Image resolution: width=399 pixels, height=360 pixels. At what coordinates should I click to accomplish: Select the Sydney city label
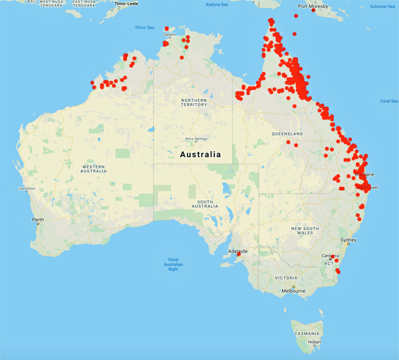coord(348,240)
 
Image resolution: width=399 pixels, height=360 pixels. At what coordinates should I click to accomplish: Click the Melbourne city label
coord(293,291)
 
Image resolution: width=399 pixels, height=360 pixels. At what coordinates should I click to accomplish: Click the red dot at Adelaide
coord(239,254)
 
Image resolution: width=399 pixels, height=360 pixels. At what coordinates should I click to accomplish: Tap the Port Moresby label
coord(313,7)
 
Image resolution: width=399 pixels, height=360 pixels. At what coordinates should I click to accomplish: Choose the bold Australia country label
coord(200,154)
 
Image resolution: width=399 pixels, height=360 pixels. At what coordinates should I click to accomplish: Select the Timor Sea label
coord(144,27)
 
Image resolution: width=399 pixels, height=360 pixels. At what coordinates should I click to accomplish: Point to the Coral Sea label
coord(388,101)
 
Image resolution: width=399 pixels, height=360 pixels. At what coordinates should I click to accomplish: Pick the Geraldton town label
coord(27,188)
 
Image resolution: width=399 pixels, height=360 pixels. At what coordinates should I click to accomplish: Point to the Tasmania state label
coord(306,331)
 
